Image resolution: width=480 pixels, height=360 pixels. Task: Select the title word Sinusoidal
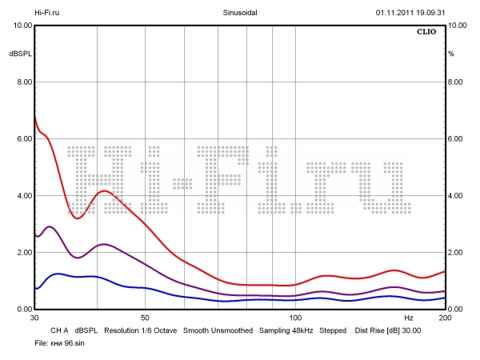(x=240, y=13)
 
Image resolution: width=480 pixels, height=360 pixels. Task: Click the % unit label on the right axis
(x=451, y=54)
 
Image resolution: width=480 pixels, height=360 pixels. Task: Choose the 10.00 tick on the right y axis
(x=458, y=26)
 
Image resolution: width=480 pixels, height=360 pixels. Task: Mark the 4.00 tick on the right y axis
(x=456, y=196)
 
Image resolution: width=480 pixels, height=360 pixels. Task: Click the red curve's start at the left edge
(x=35, y=118)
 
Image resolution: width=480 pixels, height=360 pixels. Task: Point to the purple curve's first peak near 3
(x=50, y=227)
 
